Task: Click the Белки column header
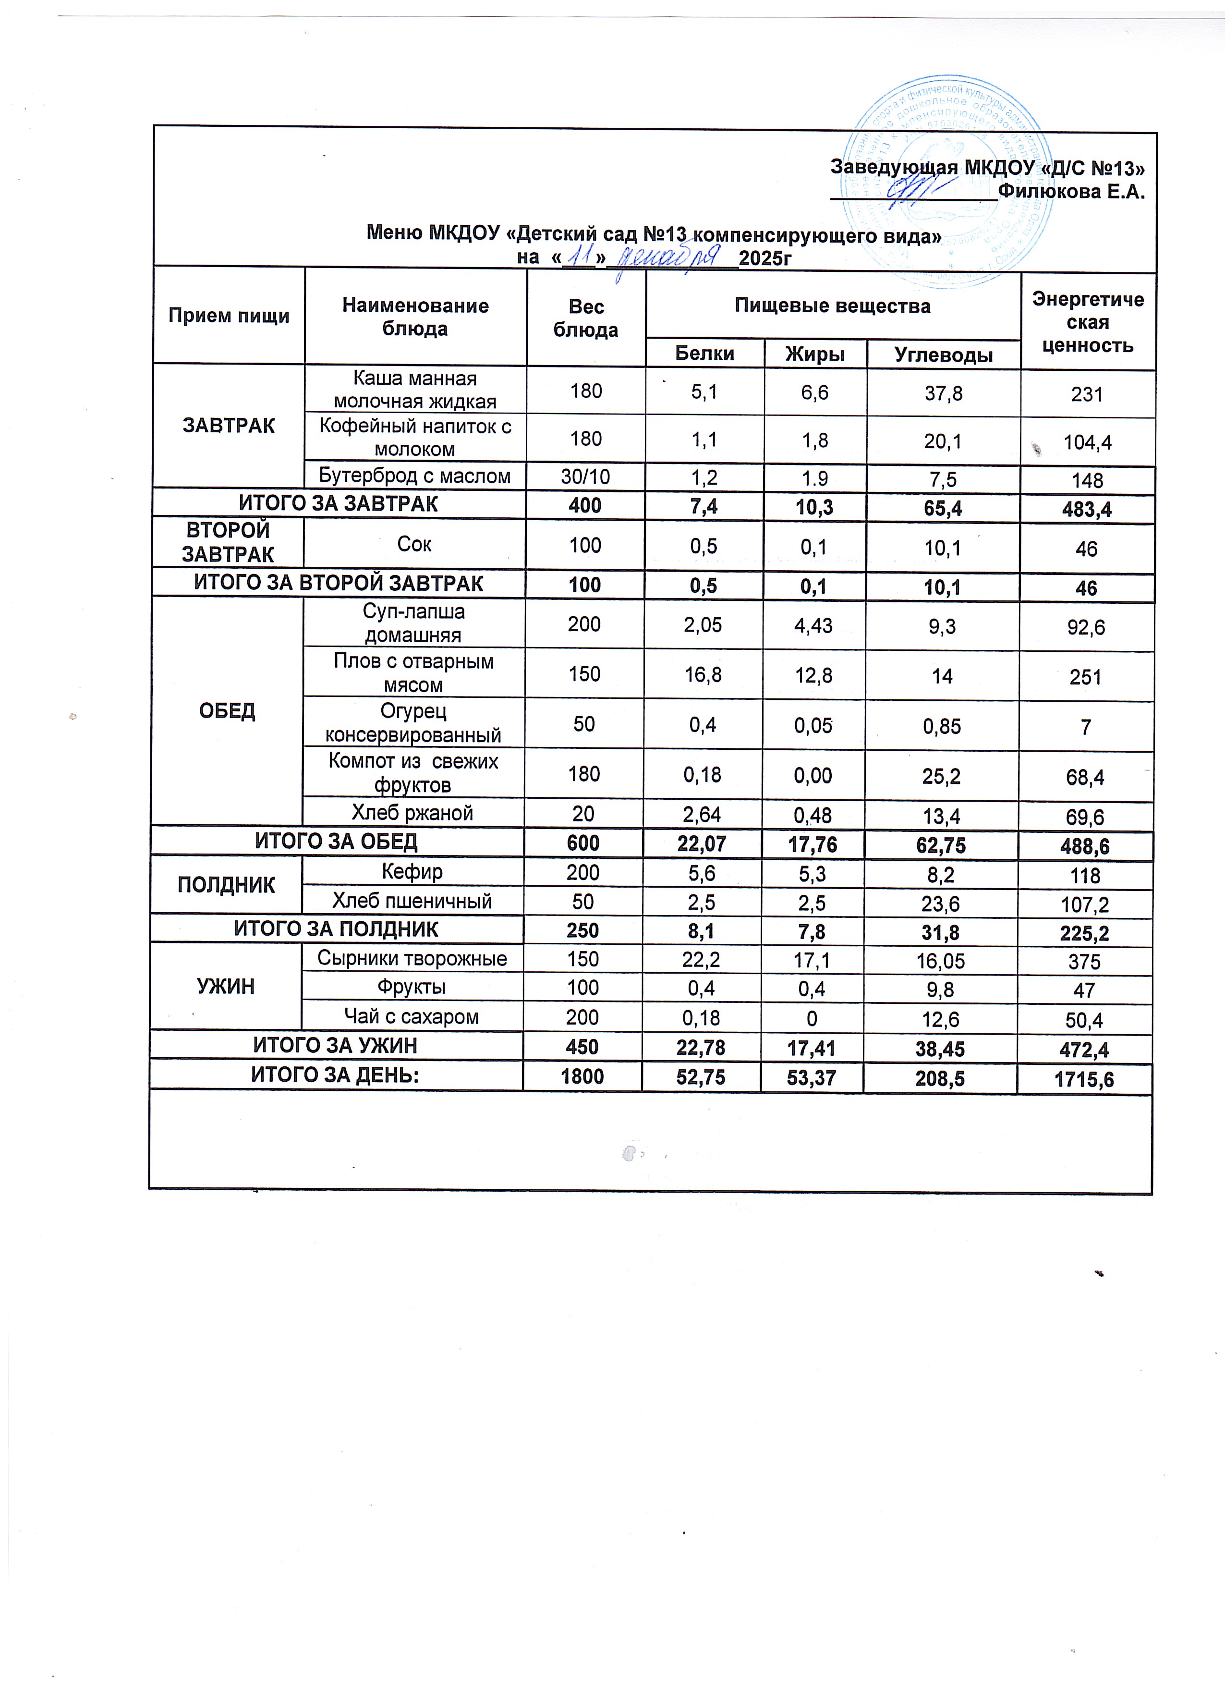(704, 354)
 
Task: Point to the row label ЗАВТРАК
(229, 426)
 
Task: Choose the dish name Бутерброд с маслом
(414, 476)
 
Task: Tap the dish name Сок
(414, 545)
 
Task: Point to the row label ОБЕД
(227, 711)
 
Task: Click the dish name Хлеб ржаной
(412, 813)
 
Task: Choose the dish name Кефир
(412, 871)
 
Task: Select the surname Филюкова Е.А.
(1070, 192)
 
